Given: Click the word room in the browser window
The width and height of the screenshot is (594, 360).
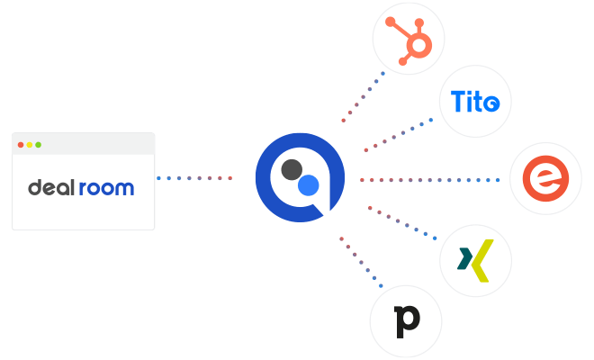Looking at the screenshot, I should click(x=105, y=188).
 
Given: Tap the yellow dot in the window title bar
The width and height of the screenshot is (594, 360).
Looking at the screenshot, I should click(x=30, y=145).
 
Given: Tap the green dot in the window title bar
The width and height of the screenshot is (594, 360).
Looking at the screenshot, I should click(x=38, y=145).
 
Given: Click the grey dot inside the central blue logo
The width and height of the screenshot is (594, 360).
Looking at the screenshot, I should click(x=291, y=169).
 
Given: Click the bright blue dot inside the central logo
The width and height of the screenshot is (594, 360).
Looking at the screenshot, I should click(x=309, y=186).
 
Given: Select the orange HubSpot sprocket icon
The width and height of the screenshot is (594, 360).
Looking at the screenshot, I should click(x=409, y=39).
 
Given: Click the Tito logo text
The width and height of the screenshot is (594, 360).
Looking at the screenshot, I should click(x=474, y=102).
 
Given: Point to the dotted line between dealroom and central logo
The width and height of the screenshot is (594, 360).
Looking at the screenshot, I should click(x=194, y=178).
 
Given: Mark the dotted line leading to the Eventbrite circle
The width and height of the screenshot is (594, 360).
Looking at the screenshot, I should click(x=432, y=180).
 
